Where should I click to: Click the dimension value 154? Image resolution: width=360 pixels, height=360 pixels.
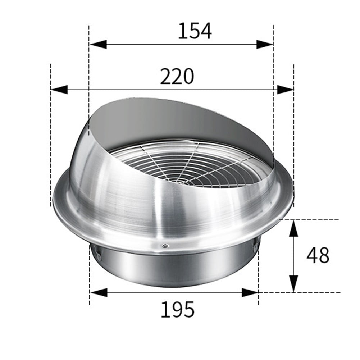tap(195, 31)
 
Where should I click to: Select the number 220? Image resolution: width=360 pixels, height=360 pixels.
tap(177, 77)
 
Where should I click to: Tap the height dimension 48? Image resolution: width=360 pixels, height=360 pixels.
tap(318, 256)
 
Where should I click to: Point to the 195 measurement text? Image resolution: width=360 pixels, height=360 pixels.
tap(177, 309)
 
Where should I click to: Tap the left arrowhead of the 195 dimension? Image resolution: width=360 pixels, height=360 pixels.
tap(98, 292)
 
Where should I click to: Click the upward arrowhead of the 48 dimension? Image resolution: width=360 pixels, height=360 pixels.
tap(294, 228)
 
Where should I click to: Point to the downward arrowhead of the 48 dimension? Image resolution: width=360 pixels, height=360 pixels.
tap(294, 283)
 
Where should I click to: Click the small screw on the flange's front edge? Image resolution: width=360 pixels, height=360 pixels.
tap(164, 246)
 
